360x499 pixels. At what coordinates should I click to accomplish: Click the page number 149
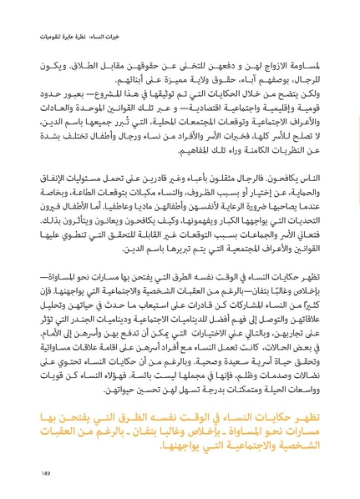click(43, 473)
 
